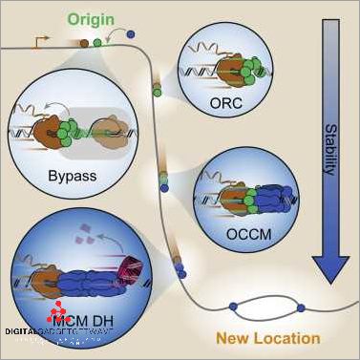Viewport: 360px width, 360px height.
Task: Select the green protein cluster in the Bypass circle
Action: click(74, 131)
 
